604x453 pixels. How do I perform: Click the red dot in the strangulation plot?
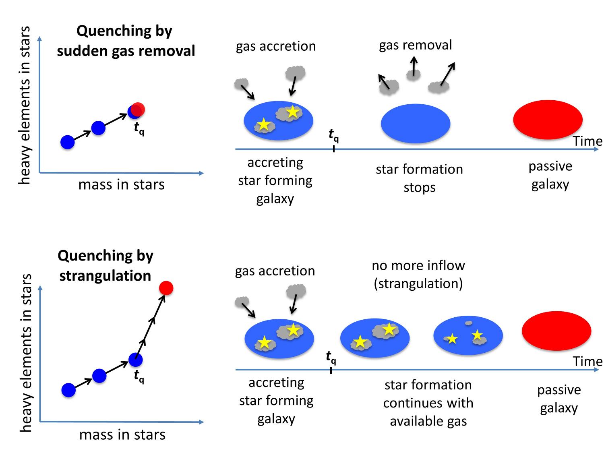click(166, 288)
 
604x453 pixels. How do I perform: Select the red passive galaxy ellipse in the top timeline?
click(548, 119)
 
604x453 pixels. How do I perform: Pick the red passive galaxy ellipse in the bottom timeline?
click(556, 331)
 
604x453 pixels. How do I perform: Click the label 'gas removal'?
click(415, 45)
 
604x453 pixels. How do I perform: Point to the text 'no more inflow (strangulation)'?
click(418, 274)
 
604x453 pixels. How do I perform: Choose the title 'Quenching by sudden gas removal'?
click(126, 41)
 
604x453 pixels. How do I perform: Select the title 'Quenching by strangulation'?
click(105, 265)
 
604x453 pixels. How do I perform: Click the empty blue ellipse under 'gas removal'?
click(415, 123)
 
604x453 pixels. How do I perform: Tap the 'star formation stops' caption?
click(419, 178)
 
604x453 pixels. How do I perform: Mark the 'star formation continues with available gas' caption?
click(428, 403)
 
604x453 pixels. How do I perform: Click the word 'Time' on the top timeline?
click(587, 141)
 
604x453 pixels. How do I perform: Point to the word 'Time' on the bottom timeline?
click(587, 361)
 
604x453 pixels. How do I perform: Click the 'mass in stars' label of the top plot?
click(122, 184)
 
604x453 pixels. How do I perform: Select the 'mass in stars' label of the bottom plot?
click(122, 434)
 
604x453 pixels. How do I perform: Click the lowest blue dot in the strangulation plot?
click(68, 390)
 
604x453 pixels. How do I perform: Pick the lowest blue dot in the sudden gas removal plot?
click(68, 142)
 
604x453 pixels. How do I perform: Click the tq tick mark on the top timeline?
click(334, 149)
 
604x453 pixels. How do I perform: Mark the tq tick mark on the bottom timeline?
click(331, 369)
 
